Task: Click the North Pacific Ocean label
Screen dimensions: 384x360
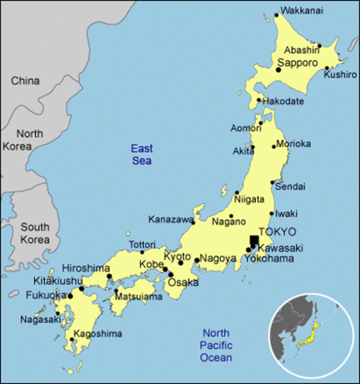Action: click(215, 345)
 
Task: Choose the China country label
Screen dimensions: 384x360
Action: click(25, 81)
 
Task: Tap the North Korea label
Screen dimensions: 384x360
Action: click(30, 141)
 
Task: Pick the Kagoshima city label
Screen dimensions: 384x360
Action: click(98, 334)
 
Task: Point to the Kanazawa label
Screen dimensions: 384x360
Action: click(170, 219)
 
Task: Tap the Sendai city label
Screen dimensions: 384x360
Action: click(290, 186)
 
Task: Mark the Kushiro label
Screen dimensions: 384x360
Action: click(340, 74)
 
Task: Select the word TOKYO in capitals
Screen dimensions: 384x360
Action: click(278, 231)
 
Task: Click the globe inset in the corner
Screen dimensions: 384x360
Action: click(312, 334)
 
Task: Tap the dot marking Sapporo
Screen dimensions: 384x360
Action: click(278, 70)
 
